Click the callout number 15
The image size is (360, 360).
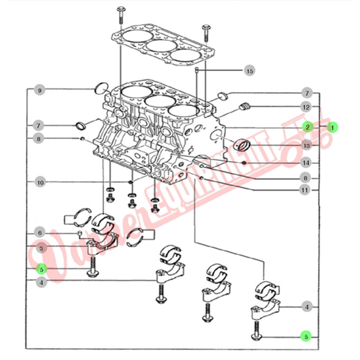[249, 70]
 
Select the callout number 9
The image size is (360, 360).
[40, 91]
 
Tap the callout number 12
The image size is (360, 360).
[306, 107]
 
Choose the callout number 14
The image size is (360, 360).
[306, 163]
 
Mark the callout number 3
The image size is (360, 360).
[41, 249]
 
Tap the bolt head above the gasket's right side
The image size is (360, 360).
[206, 28]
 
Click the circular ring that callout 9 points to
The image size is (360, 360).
[101, 88]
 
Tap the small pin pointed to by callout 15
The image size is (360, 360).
[197, 70]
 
